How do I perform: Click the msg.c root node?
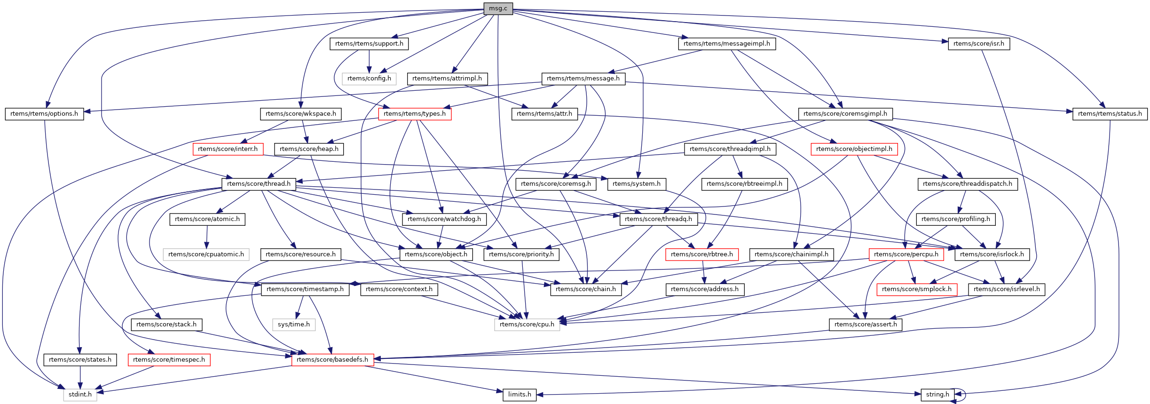(498, 8)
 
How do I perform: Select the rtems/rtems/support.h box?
(369, 44)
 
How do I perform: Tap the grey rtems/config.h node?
(369, 79)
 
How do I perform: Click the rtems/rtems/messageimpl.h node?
(726, 44)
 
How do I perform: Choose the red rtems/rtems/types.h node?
(414, 114)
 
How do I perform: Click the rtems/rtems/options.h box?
(44, 114)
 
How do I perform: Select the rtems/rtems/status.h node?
(1110, 114)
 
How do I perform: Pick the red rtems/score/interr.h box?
(228, 149)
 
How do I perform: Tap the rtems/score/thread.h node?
(259, 184)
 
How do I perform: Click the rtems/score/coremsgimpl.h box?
(845, 114)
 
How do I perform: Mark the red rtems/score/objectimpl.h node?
(854, 149)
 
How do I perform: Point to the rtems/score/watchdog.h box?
(444, 219)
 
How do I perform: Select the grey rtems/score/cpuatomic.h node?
(206, 254)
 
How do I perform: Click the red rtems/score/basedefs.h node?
(332, 360)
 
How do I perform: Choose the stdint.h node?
(80, 395)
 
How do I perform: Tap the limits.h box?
(520, 395)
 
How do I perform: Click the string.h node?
(937, 395)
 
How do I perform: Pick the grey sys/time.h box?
(293, 325)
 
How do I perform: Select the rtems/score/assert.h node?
(865, 325)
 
